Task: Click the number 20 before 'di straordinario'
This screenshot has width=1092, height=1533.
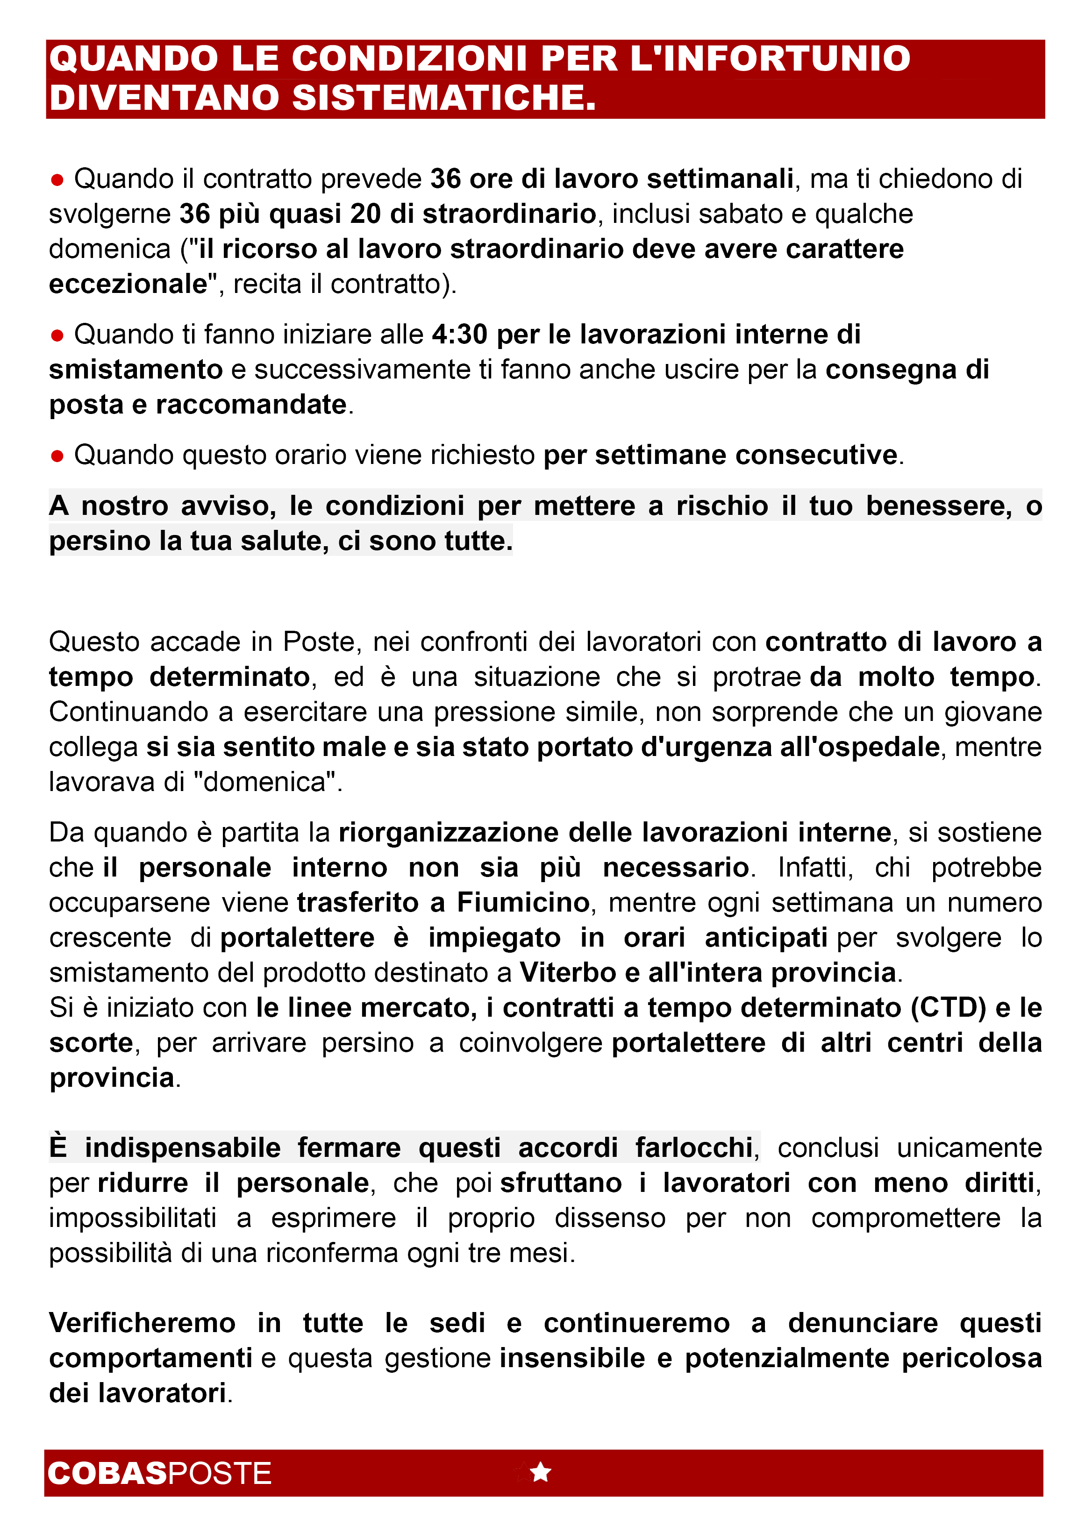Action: click(x=366, y=214)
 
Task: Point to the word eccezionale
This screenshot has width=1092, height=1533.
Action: click(x=128, y=284)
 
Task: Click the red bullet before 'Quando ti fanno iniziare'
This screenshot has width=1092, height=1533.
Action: click(x=57, y=335)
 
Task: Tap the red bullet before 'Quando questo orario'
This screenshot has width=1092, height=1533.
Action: click(x=57, y=456)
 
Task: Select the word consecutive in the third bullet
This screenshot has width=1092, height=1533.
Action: click(x=816, y=455)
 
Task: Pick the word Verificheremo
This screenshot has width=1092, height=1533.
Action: click(x=142, y=1323)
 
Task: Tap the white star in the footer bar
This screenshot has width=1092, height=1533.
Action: click(x=541, y=1472)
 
